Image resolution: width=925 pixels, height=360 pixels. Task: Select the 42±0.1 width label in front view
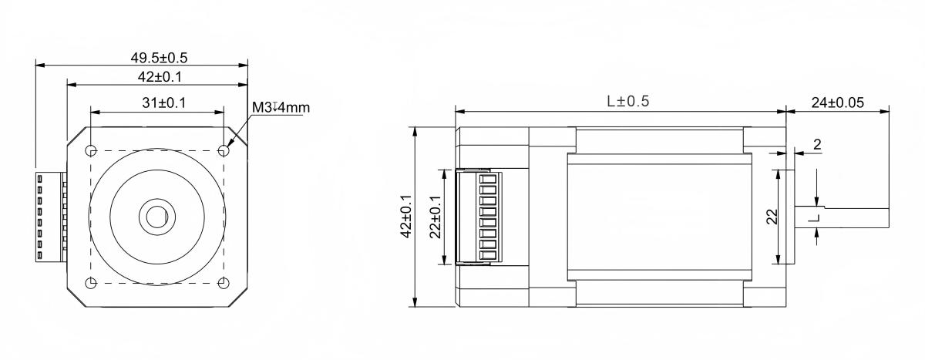point(157,76)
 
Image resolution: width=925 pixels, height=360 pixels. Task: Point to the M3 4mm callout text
point(281,107)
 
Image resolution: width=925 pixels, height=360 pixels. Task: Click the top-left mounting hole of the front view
point(90,150)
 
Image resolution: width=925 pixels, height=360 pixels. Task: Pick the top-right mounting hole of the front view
point(224,150)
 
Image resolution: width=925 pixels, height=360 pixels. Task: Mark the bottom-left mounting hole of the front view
point(90,283)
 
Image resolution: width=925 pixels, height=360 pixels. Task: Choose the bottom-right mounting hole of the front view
point(224,283)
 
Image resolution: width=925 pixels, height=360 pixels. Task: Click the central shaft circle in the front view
point(156,217)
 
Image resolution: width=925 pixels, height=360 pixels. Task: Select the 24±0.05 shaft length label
point(837,101)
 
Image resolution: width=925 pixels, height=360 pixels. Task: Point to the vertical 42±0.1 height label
point(406,217)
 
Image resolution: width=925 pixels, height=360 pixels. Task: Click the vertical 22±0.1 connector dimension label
point(436,217)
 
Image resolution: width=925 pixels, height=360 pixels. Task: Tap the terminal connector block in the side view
point(475,217)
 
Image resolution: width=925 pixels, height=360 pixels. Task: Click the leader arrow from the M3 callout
point(239,130)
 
